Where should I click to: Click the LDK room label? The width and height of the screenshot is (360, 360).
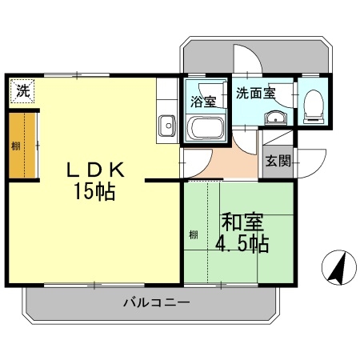[94, 170]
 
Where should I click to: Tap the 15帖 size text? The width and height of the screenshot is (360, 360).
[94, 192]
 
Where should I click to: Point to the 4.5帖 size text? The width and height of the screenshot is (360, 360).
[241, 242]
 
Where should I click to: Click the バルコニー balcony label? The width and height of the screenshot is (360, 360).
[155, 303]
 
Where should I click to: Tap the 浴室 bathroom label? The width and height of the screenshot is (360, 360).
[204, 102]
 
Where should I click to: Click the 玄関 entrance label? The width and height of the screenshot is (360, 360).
[278, 160]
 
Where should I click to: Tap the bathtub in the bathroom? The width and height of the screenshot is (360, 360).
[205, 128]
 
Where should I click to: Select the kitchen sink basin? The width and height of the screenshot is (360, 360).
[167, 126]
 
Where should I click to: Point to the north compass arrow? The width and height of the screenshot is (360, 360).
[337, 267]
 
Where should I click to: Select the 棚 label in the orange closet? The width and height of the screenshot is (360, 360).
[15, 146]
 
